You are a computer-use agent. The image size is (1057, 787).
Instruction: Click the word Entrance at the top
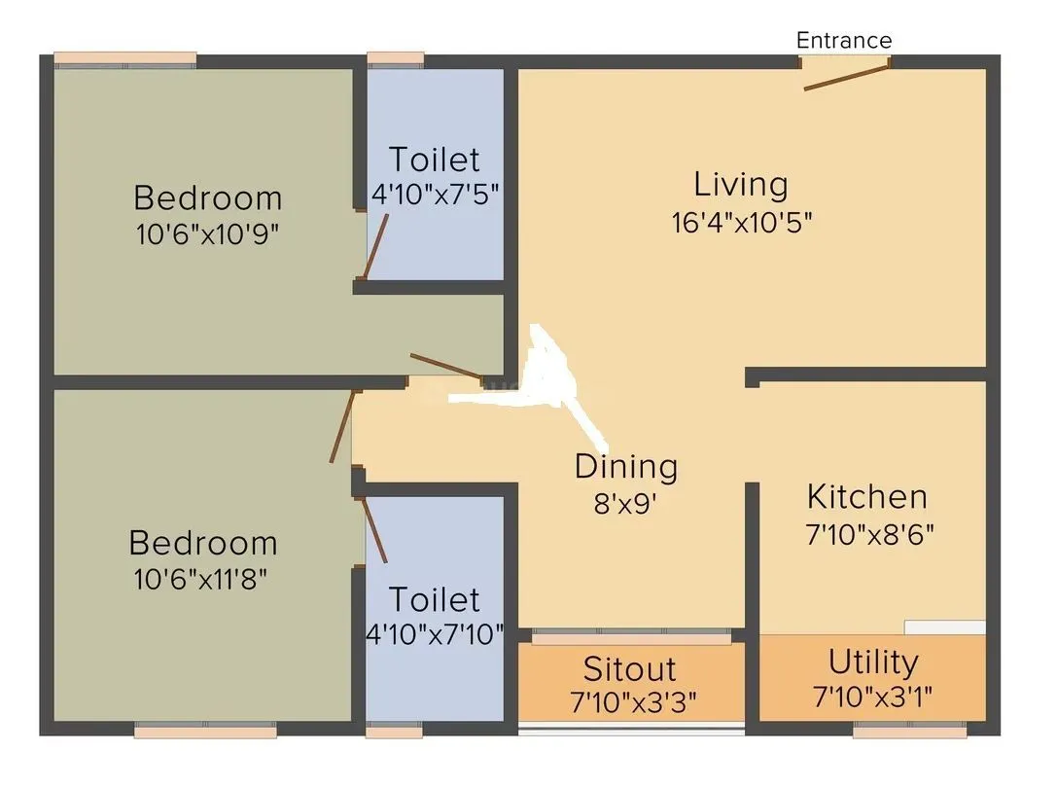[x=843, y=40]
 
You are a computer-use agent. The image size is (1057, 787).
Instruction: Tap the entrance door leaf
[x=846, y=77]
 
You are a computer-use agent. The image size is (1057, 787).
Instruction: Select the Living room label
[x=740, y=184]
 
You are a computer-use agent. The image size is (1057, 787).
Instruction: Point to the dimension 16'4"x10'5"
[x=741, y=222]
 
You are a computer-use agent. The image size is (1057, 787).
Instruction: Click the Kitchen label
[x=866, y=497]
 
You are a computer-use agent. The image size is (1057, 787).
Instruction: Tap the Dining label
[x=625, y=467]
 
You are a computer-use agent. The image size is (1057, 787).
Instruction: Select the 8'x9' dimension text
[x=625, y=504]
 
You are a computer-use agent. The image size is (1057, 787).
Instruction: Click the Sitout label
[x=629, y=669]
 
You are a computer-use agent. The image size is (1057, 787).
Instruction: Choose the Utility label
[x=872, y=662]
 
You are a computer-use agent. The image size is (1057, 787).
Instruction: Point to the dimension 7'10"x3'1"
[x=872, y=698]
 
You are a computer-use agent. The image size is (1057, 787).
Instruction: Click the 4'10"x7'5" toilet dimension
[x=435, y=195]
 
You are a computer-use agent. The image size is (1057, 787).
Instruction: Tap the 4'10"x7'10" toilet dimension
[x=435, y=635]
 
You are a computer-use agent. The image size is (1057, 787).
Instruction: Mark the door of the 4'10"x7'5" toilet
[x=376, y=246]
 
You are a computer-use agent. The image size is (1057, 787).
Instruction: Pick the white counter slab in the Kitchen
[x=944, y=627]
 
